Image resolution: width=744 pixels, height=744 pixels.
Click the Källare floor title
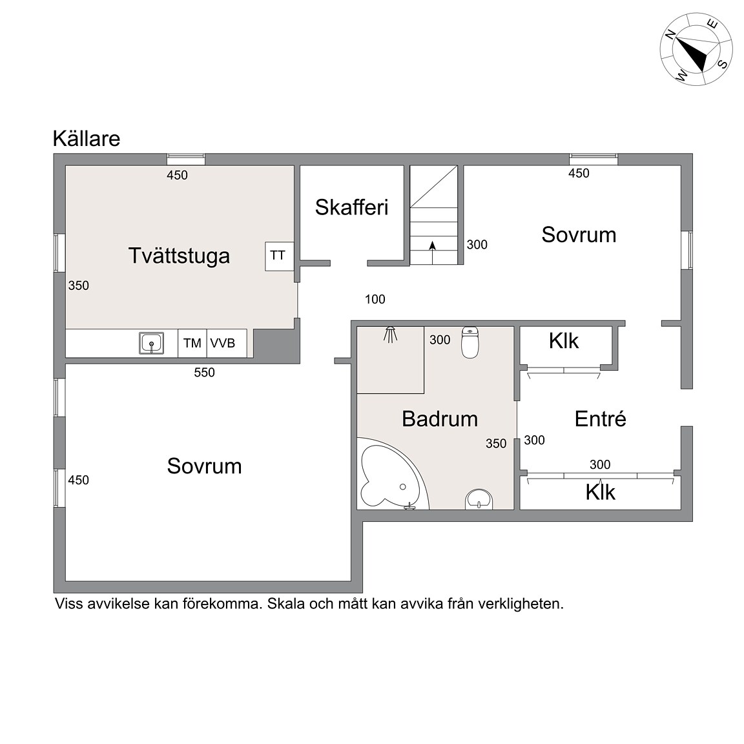tap(87, 139)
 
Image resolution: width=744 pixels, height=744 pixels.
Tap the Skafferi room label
tap(351, 207)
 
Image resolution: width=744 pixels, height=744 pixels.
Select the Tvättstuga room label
tap(179, 256)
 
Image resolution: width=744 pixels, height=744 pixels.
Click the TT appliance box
tap(279, 256)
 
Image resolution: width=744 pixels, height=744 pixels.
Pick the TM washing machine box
tap(192, 343)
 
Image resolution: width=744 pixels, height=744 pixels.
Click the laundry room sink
tap(151, 343)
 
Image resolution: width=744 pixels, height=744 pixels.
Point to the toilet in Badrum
tap(470, 342)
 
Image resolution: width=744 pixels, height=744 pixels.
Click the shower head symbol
tap(390, 334)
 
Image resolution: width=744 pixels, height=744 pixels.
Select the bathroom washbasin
tap(479, 500)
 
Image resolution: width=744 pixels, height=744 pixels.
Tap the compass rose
tap(696, 50)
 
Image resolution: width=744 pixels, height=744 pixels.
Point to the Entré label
tap(600, 419)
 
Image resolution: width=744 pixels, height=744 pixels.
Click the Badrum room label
tap(440, 419)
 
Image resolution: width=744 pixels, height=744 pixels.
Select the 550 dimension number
tap(205, 373)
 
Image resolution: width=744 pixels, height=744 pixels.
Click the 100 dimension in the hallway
tap(375, 300)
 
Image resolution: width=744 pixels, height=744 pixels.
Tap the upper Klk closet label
tap(564, 341)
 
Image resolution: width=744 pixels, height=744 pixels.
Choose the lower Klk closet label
tap(600, 492)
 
